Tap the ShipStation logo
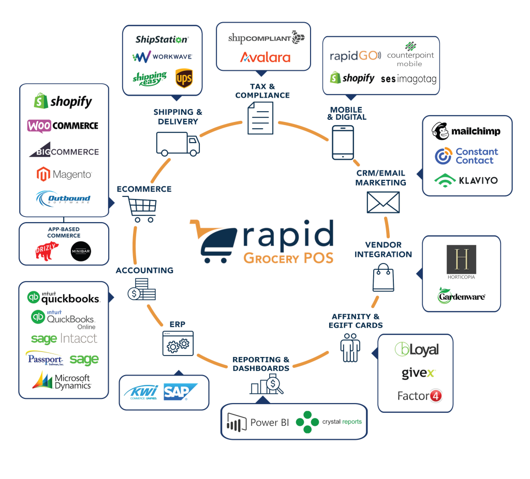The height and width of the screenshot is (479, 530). tap(161, 39)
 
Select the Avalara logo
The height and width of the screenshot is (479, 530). tap(264, 57)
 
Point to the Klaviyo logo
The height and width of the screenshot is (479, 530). tap(466, 180)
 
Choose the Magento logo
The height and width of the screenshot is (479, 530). tap(64, 175)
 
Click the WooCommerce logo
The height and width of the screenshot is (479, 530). tap(63, 126)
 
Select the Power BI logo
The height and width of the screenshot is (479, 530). tap(258, 423)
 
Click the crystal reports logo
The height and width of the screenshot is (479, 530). tap(329, 422)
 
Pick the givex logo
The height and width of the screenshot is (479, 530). tap(418, 373)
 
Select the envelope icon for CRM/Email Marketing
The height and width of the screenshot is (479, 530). tap(383, 202)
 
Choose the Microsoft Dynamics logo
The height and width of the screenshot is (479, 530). tap(62, 381)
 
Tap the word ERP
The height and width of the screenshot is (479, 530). tap(177, 325)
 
